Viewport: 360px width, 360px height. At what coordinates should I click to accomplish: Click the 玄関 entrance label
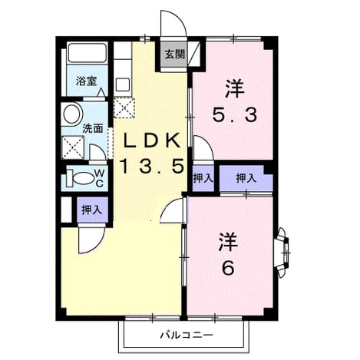[174, 54]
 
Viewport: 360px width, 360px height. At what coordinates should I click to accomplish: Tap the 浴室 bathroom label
[86, 81]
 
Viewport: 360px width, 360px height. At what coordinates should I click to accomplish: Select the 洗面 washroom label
[93, 128]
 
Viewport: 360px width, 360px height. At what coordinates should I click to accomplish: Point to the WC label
[100, 178]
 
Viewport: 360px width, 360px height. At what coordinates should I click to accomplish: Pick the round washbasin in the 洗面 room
[72, 114]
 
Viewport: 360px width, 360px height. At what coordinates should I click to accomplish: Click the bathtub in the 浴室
[88, 53]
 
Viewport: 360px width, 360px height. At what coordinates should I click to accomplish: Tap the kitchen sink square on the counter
[123, 84]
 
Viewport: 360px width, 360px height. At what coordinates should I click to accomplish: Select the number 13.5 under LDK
[153, 167]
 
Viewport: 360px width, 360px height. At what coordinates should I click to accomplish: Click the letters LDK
[153, 140]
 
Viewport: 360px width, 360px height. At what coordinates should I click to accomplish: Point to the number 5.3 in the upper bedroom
[235, 114]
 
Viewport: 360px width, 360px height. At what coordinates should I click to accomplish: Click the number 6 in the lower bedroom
[228, 268]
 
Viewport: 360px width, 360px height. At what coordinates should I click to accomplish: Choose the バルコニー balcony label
[187, 335]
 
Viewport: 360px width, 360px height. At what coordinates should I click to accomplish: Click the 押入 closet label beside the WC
[92, 210]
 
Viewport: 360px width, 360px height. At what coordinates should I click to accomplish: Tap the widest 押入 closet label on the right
[246, 178]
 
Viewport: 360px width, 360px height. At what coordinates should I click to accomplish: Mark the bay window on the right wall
[283, 253]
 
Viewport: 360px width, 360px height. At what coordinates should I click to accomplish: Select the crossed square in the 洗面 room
[73, 147]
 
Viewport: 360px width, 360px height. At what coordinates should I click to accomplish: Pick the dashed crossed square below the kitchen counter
[124, 107]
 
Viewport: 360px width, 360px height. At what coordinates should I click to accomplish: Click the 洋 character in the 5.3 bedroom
[235, 89]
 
